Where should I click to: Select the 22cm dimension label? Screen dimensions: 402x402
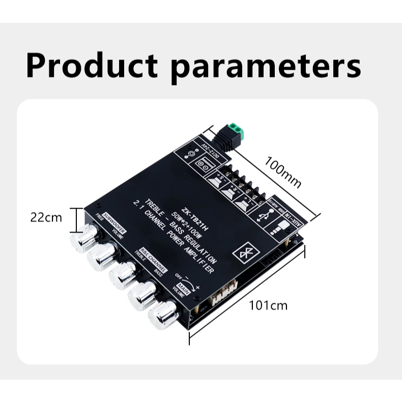(x=46, y=218)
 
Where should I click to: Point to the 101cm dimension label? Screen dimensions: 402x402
(x=268, y=305)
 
